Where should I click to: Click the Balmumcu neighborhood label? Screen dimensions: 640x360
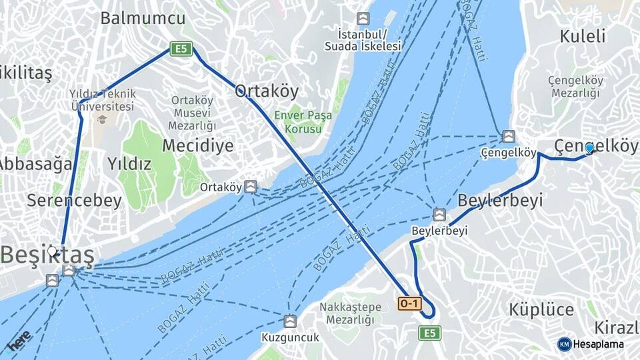tap(143, 18)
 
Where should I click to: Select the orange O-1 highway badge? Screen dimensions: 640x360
tap(410, 304)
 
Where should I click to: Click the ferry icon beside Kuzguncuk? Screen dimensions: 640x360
tap(289, 321)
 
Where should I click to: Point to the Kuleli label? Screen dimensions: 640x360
tap(583, 36)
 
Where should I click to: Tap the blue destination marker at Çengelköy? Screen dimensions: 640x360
tap(589, 147)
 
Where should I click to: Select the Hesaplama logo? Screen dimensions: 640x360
tap(591, 344)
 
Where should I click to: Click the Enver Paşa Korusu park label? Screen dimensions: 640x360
tap(303, 121)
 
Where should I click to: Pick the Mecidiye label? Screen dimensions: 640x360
tap(198, 145)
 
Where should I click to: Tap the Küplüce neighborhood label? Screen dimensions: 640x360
tap(541, 309)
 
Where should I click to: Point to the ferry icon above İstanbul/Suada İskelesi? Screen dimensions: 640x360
tap(363, 19)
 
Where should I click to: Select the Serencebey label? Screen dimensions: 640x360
tap(74, 200)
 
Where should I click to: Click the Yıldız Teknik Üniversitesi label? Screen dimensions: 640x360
tap(102, 101)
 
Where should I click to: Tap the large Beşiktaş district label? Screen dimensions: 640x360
tap(47, 254)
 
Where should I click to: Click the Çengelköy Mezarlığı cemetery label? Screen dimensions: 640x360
tap(575, 87)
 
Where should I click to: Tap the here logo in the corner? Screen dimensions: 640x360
tap(19, 340)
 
